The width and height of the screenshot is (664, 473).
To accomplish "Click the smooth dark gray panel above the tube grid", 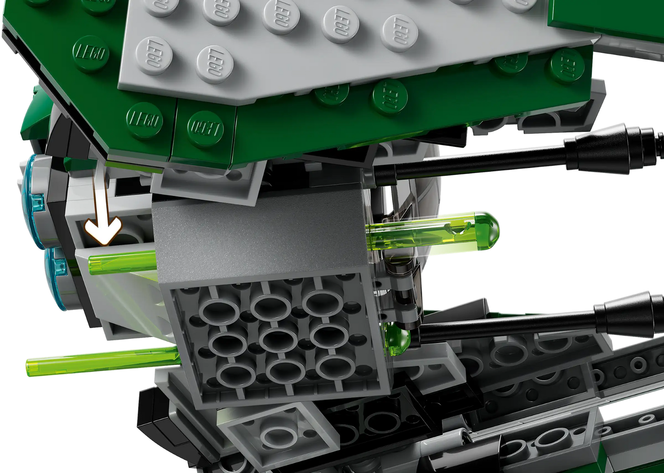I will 257,239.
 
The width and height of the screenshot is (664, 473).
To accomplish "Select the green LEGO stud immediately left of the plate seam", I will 145,121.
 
